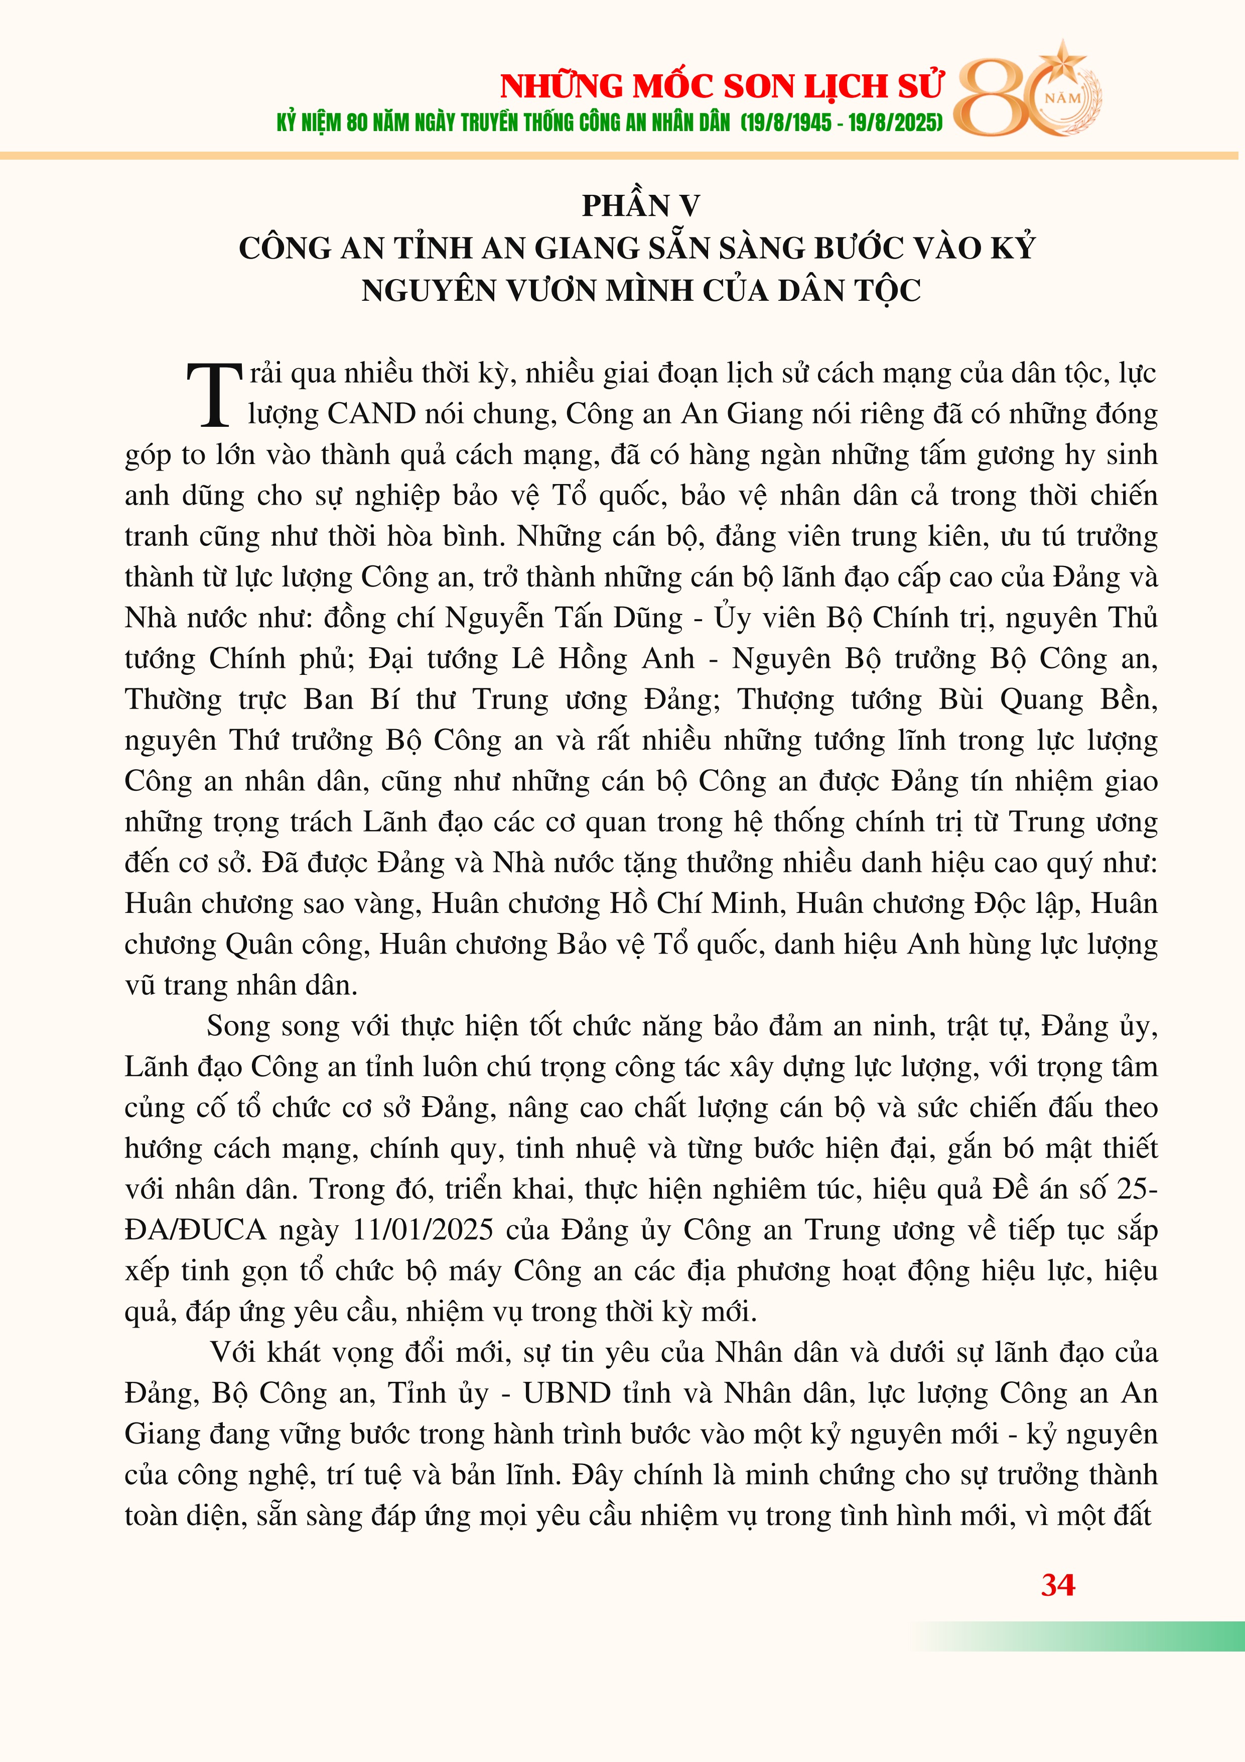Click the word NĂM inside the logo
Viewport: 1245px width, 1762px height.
point(1063,99)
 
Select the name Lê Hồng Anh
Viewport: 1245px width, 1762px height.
point(610,659)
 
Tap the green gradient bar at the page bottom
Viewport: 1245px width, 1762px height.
point(1089,1635)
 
